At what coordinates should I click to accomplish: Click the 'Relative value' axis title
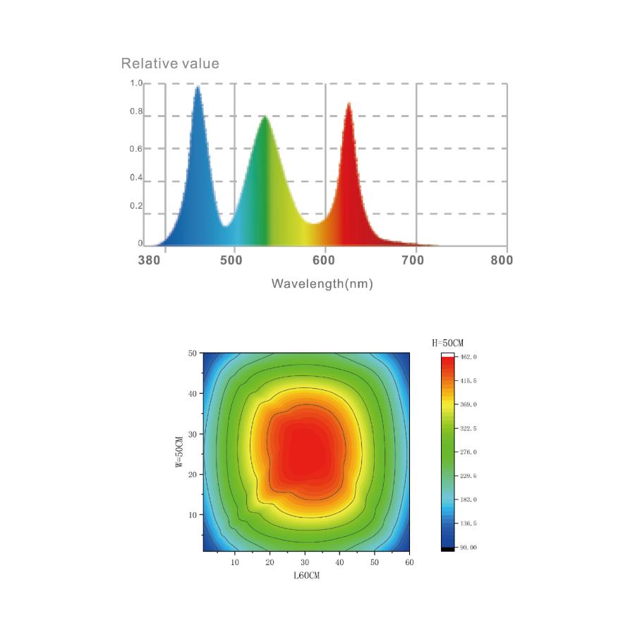point(170,64)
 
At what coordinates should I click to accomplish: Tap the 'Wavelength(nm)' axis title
point(322,284)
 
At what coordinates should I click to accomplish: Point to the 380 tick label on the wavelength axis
point(149,260)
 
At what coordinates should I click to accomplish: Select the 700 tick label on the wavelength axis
point(413,260)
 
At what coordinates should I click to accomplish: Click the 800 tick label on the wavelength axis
point(502,260)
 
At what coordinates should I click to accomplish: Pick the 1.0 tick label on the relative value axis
point(136,83)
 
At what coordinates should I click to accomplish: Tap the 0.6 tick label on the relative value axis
point(136,149)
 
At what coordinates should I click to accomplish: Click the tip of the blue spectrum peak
point(198,86)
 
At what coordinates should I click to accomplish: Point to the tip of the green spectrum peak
point(265,116)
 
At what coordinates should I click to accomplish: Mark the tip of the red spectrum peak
point(349,103)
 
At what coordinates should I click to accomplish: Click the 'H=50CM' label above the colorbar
point(447,343)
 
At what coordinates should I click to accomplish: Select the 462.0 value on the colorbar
point(468,357)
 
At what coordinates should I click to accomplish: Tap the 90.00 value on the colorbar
point(468,548)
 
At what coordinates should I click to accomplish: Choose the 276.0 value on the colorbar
point(468,452)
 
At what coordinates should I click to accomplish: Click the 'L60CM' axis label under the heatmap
point(307,576)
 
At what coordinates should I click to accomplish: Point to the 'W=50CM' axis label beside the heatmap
point(179,452)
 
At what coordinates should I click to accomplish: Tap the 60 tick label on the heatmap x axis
point(409,562)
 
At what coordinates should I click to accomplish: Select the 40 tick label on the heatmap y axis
point(193,394)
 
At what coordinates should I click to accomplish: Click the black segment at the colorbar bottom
point(447,549)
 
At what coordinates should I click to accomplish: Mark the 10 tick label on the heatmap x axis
point(235,562)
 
